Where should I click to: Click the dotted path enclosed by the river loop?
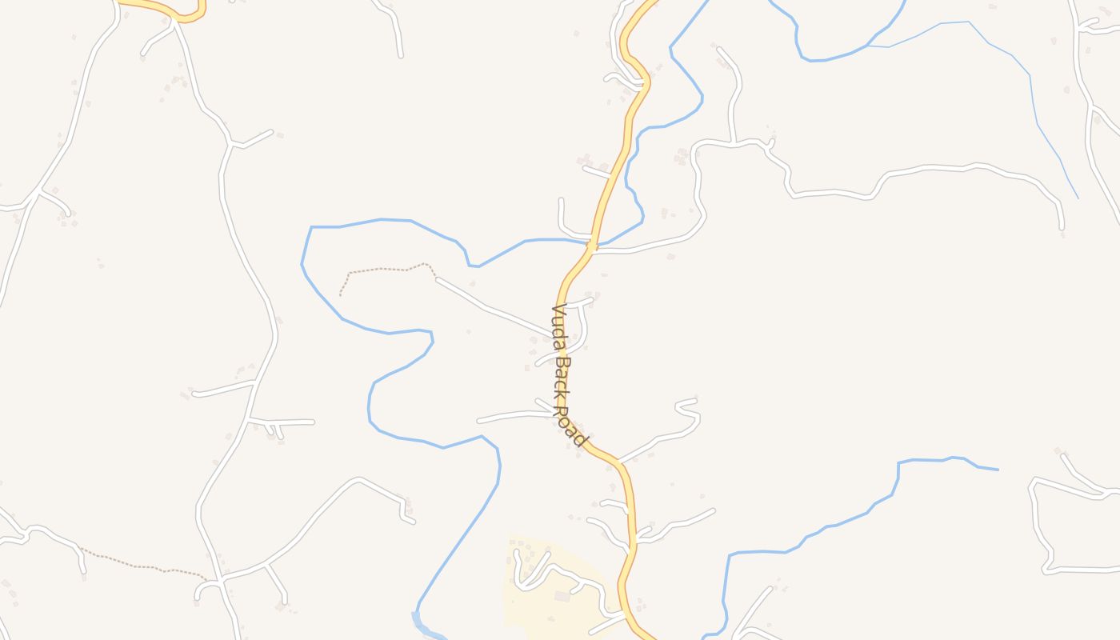(x=384, y=270)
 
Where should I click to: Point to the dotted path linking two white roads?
(x=144, y=566)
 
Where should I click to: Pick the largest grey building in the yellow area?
(x=562, y=597)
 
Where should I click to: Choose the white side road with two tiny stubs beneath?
(x=280, y=422)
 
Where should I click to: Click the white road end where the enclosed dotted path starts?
(x=437, y=279)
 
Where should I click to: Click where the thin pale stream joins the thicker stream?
(x=868, y=46)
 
